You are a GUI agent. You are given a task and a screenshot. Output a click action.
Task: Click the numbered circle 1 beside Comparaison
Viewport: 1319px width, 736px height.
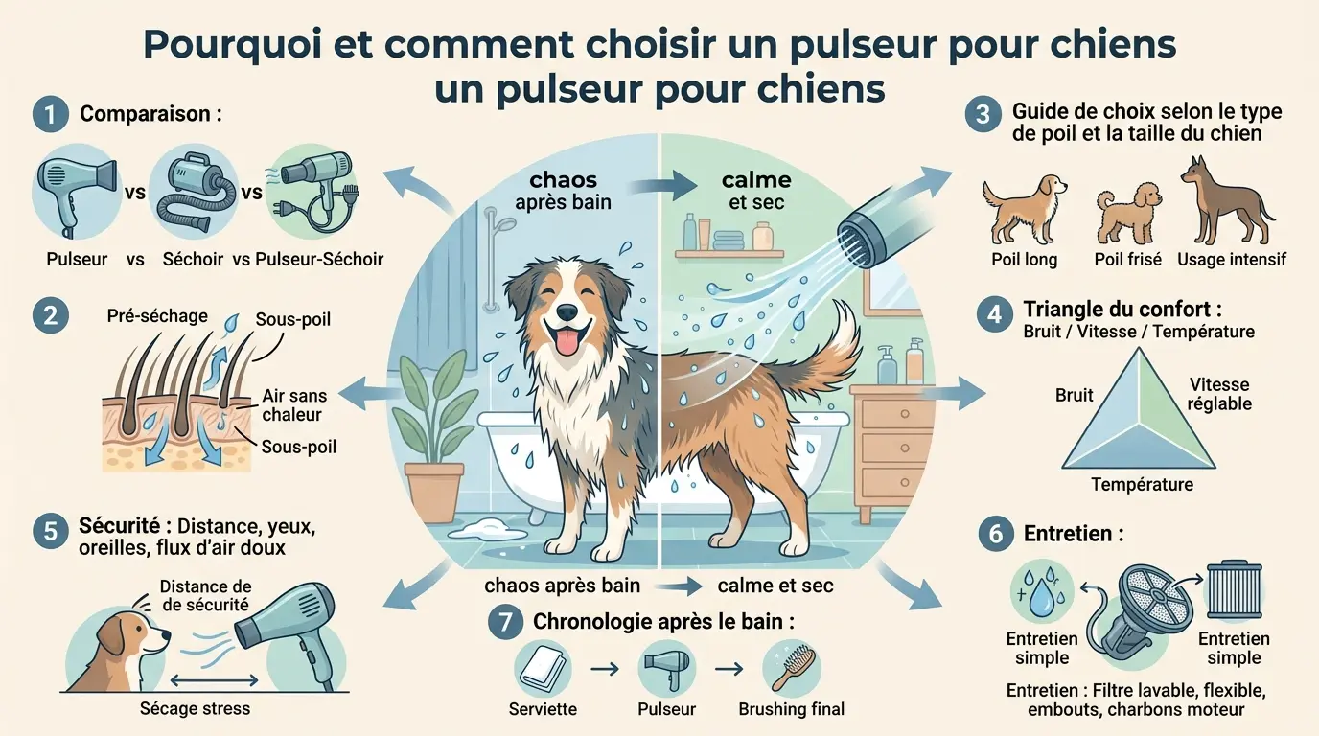coord(49,115)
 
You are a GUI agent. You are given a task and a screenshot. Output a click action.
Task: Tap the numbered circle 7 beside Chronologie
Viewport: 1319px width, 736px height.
coord(504,622)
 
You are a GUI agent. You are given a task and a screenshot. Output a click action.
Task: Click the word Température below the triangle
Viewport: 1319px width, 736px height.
coord(1142,484)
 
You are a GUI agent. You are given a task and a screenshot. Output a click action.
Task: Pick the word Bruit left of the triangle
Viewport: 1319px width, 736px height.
coord(1074,395)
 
